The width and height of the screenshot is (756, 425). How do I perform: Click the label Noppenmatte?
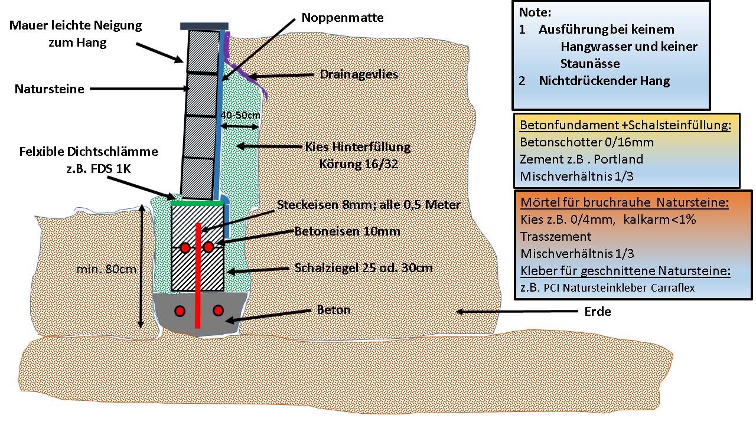342,18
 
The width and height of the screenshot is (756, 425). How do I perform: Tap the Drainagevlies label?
359,74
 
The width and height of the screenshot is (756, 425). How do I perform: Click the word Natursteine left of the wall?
49,89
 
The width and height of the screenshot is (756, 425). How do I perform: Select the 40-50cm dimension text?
240,115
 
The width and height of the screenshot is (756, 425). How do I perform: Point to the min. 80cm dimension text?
107,269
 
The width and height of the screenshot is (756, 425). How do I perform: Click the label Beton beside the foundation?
334,310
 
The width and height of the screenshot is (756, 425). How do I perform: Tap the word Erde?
597,311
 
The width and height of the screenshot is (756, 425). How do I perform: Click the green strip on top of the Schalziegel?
197,203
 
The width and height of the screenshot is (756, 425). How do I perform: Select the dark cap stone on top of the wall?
204,27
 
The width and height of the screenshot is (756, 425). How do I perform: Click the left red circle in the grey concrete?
180,310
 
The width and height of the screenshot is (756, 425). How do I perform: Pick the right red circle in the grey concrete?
219,310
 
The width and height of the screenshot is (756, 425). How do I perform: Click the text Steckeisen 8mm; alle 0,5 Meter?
369,205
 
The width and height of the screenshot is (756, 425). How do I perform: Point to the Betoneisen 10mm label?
347,231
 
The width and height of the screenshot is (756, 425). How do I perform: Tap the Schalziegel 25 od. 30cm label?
363,268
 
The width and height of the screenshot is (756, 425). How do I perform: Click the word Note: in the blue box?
535,12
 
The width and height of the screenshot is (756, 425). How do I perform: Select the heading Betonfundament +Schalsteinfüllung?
625,125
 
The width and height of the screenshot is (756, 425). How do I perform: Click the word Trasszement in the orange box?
556,237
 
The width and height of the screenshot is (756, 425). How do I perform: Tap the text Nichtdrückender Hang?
604,81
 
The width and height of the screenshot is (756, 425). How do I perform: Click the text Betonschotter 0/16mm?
586,142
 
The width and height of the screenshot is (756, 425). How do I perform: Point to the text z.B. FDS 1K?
99,169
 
